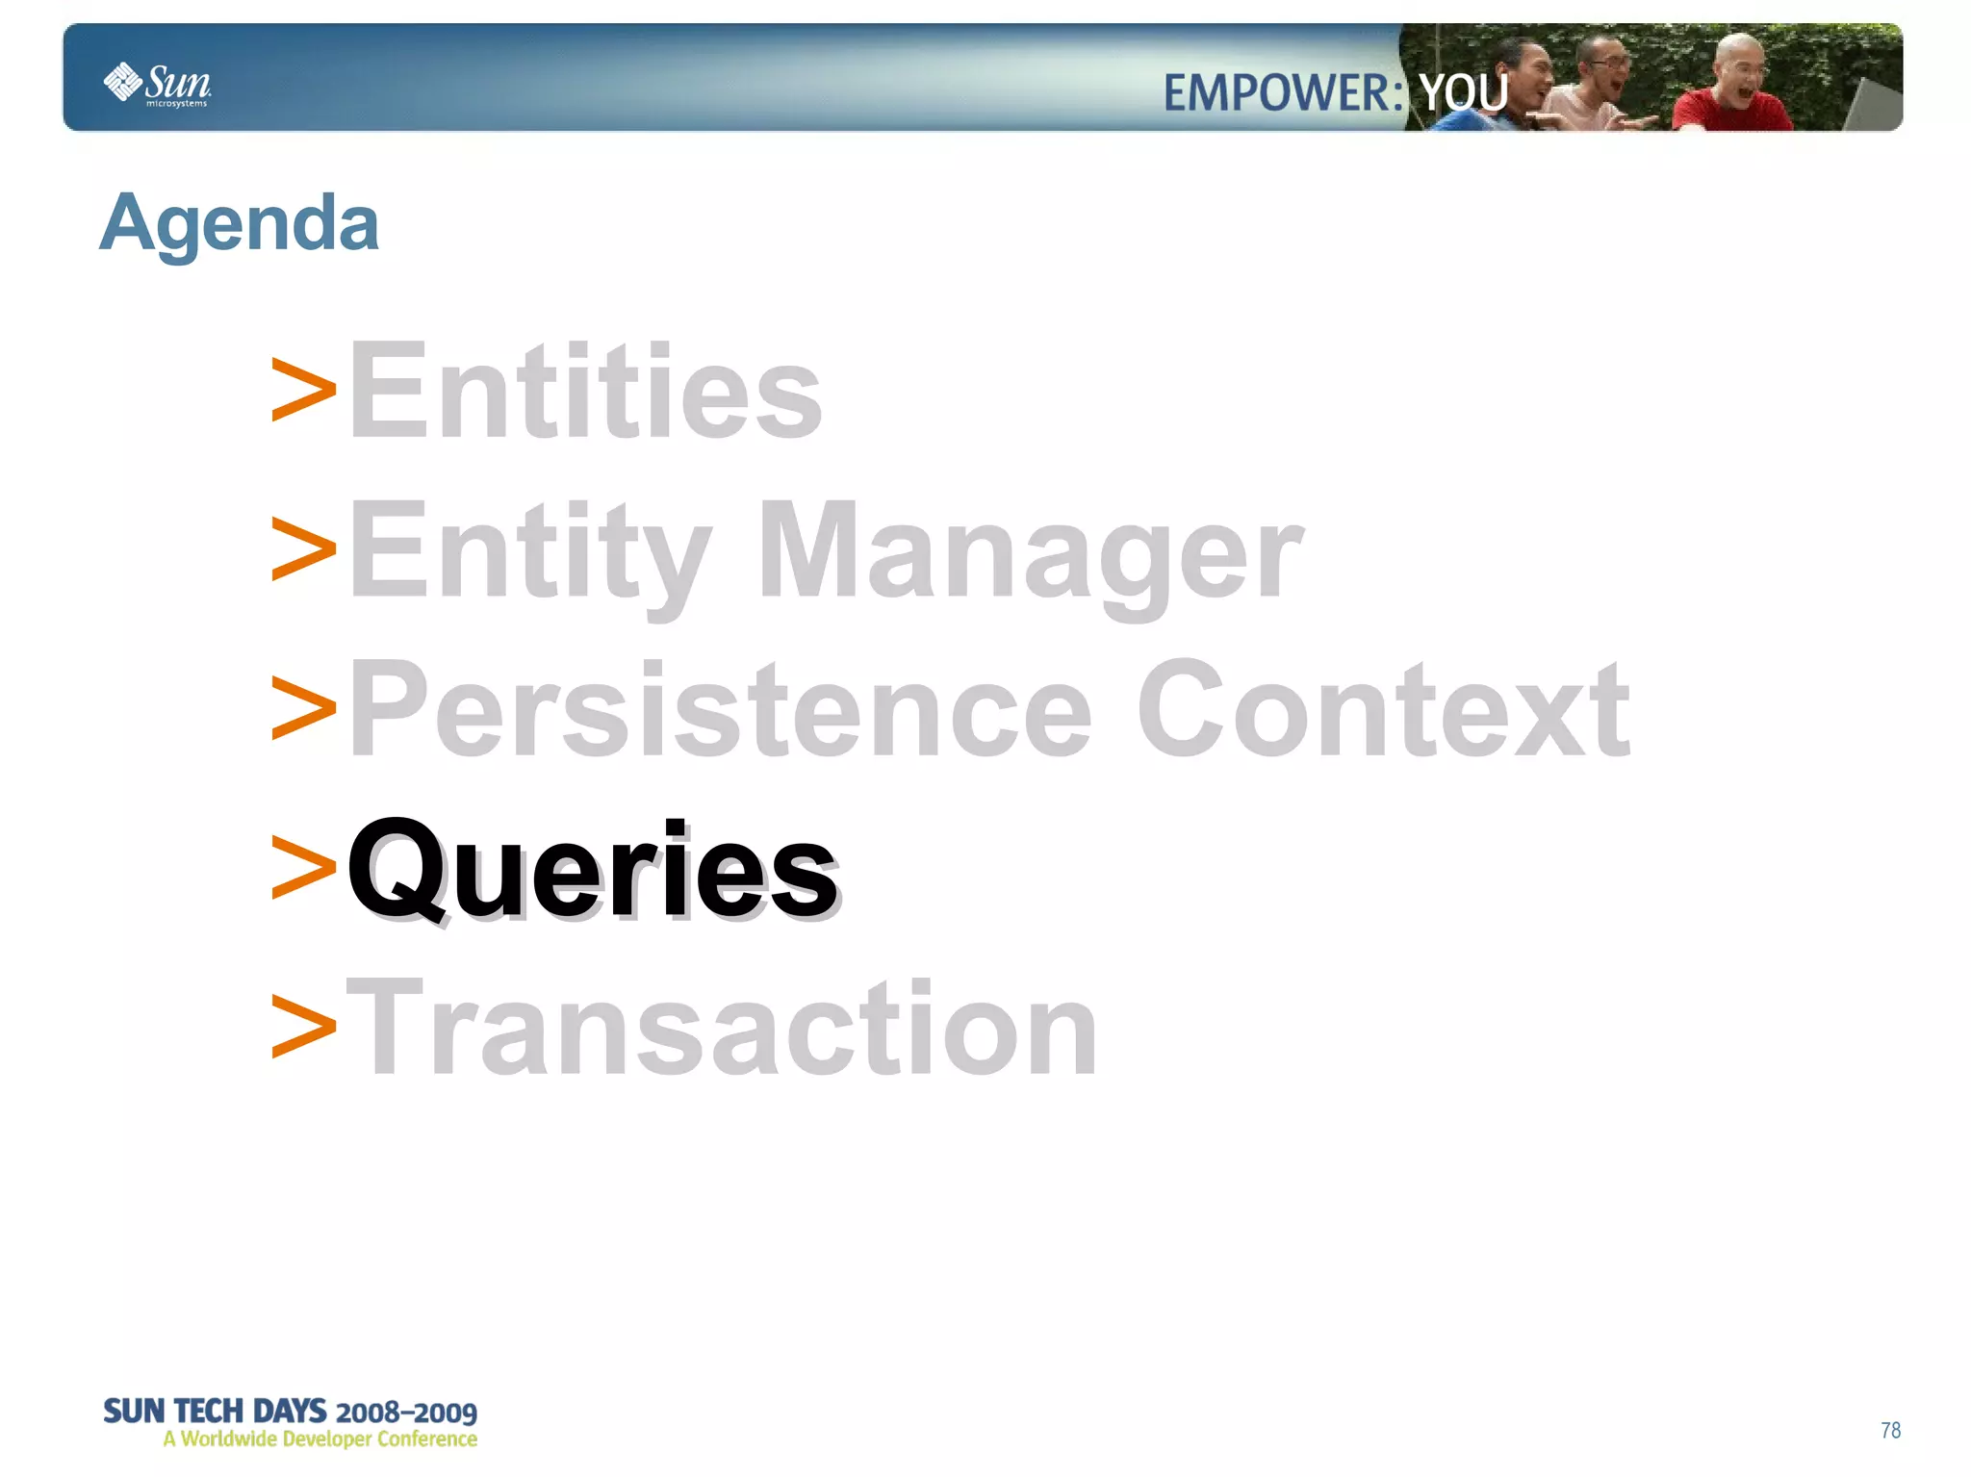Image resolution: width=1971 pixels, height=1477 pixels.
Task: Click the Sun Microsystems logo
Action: click(x=157, y=84)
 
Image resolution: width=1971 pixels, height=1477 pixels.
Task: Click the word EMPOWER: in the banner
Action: click(x=1283, y=93)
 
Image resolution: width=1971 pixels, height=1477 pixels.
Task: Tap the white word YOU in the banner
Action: click(x=1464, y=93)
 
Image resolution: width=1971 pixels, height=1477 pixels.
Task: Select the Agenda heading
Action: click(x=239, y=223)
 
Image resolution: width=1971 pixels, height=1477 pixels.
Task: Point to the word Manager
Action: click(x=1029, y=550)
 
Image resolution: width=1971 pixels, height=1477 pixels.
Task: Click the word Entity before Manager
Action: click(x=529, y=550)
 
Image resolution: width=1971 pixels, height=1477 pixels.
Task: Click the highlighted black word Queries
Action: click(x=592, y=869)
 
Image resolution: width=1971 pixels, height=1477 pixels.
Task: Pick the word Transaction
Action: click(x=722, y=1028)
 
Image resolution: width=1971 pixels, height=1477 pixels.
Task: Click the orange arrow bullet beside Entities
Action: click(x=303, y=391)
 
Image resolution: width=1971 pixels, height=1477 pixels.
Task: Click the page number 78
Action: click(x=1890, y=1430)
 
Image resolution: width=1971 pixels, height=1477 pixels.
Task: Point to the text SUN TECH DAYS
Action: click(x=214, y=1411)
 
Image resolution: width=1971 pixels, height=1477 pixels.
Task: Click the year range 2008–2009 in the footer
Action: click(x=406, y=1413)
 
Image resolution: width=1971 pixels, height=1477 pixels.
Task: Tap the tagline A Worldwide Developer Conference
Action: click(x=320, y=1439)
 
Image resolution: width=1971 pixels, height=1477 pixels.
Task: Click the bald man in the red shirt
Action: click(x=1732, y=91)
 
